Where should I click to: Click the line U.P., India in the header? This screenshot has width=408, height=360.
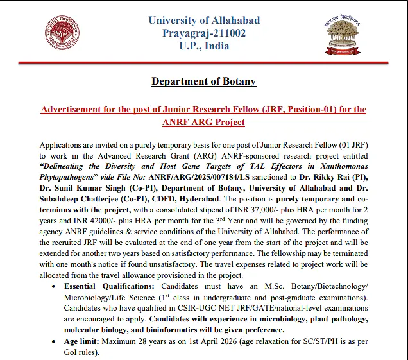click(204, 46)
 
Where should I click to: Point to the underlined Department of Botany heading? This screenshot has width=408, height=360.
click(203, 81)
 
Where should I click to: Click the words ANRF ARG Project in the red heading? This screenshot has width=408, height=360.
click(203, 122)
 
